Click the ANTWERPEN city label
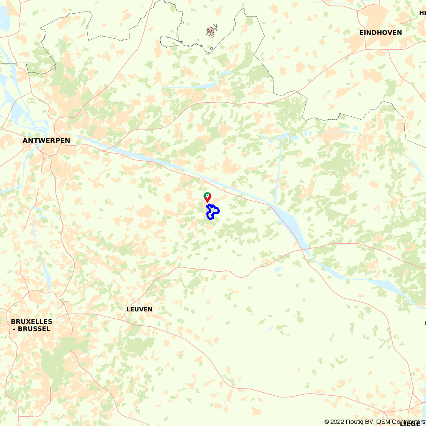coord(46,141)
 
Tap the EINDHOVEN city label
coord(380,33)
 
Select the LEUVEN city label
coord(139,309)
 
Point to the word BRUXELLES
coord(32,322)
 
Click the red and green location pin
coord(207,197)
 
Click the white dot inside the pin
coord(207,196)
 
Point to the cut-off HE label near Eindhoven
coord(423,13)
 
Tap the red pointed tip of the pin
coord(207,202)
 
